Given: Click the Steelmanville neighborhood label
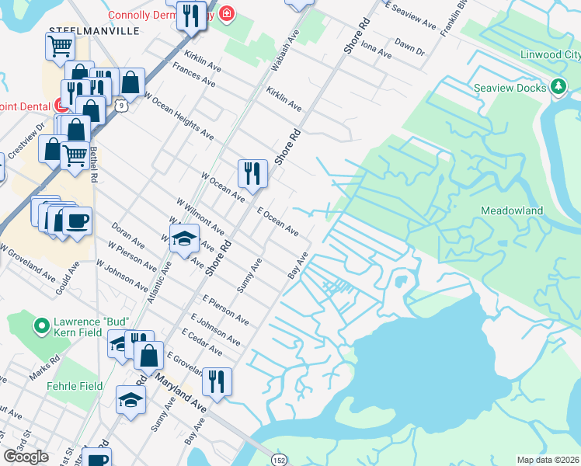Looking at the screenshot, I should (x=94, y=30).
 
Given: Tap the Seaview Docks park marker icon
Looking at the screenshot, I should (x=557, y=87).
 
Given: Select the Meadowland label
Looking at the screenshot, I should (x=512, y=210).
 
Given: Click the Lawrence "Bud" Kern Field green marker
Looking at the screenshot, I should (x=40, y=322).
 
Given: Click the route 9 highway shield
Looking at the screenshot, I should (x=119, y=103).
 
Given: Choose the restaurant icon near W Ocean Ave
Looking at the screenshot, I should (x=252, y=172).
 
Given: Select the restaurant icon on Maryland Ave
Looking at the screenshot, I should (x=217, y=381).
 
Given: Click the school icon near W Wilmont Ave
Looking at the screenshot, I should (x=184, y=238).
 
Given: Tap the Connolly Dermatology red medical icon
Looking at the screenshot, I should (x=226, y=14).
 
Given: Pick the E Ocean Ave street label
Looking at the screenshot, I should (x=277, y=221).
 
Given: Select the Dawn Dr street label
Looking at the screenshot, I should (x=409, y=47).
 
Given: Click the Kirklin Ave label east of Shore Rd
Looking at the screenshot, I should (x=284, y=98).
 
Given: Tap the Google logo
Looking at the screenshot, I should (x=26, y=457).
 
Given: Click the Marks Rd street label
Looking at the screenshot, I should (x=45, y=365).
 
